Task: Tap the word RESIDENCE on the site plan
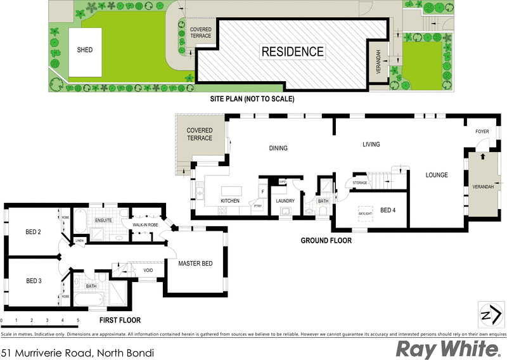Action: (x=293, y=52)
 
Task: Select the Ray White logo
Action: (x=447, y=348)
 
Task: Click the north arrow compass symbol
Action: (x=489, y=314)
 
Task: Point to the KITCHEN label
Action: (x=229, y=201)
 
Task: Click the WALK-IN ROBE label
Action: (x=145, y=225)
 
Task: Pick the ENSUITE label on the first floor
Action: (x=103, y=221)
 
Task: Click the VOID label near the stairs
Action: (x=148, y=271)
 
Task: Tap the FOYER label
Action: (x=482, y=132)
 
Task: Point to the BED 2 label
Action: (x=34, y=232)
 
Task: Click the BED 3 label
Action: (x=34, y=281)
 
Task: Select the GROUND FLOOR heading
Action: (x=326, y=241)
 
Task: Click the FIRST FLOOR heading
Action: (x=120, y=320)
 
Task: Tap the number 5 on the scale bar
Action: (x=78, y=320)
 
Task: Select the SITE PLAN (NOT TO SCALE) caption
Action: (x=252, y=100)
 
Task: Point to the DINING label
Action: (x=278, y=148)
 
